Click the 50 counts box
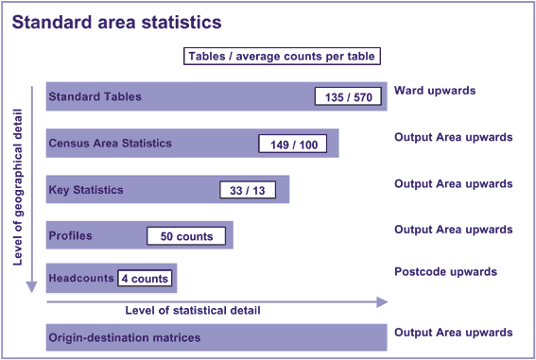(187, 236)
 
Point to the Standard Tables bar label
(95, 96)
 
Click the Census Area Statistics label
(110, 144)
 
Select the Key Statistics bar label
(86, 190)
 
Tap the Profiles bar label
(70, 235)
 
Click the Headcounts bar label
(81, 278)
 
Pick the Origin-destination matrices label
(124, 337)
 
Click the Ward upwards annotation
(434, 91)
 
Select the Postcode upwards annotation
(445, 272)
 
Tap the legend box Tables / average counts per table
(282, 56)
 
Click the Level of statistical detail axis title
(193, 310)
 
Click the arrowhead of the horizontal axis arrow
(382, 302)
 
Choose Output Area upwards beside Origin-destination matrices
(453, 333)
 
